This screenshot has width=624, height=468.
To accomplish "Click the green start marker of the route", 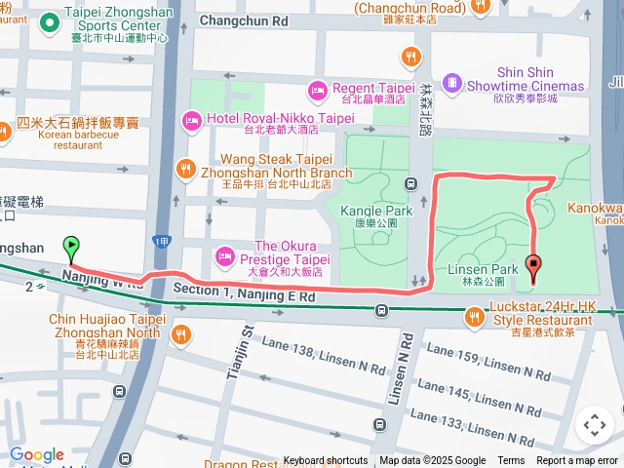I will [70, 248].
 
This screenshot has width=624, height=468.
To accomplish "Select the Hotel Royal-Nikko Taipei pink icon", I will [191, 121].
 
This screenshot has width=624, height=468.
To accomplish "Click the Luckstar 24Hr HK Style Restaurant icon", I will [475, 317].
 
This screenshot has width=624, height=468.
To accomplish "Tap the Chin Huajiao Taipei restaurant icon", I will [181, 334].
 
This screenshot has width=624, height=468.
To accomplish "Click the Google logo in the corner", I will [37, 454].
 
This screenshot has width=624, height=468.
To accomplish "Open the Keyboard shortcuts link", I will [326, 461].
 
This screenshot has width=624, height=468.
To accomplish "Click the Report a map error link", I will [577, 461].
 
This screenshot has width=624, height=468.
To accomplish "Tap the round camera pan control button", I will [594, 425].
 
